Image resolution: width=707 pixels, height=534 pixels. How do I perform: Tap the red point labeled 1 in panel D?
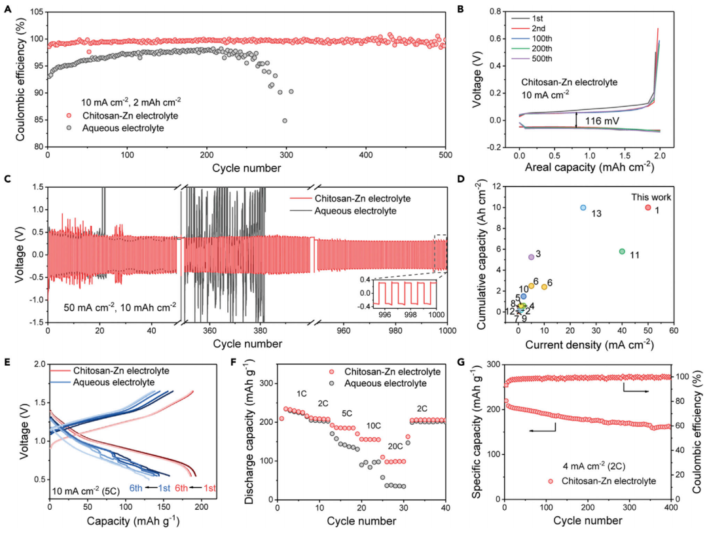pos(648,207)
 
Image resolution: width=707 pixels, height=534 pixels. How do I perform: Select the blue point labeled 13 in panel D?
pos(583,207)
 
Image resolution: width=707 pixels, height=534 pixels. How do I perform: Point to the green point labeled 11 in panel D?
pos(622,251)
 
